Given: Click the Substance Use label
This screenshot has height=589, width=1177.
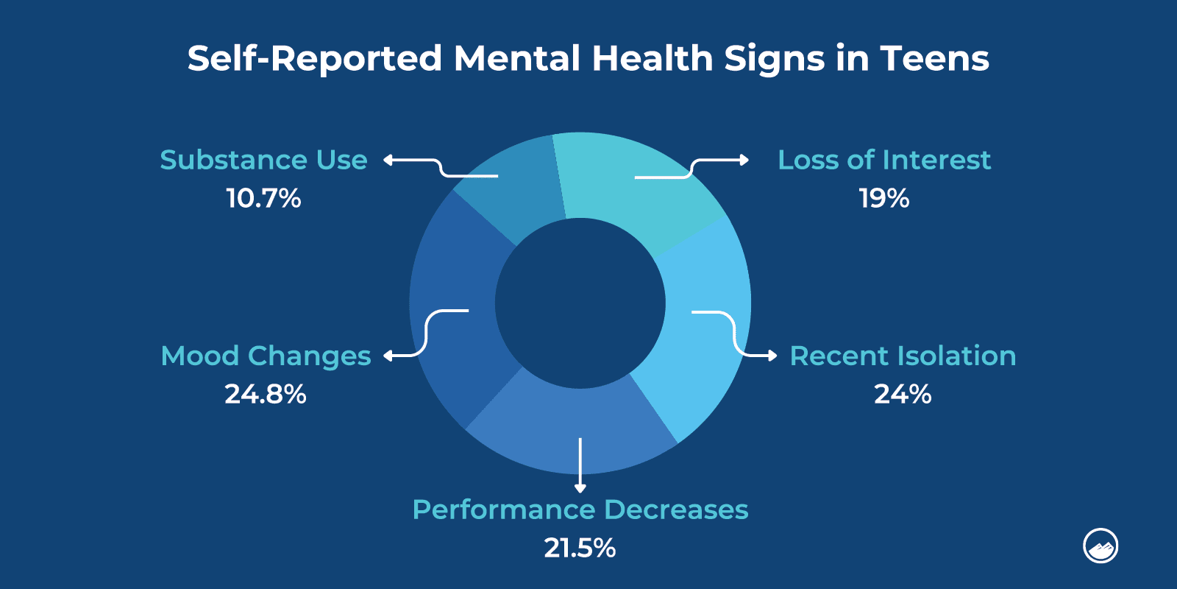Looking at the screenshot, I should (263, 160).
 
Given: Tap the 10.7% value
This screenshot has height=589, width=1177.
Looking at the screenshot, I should (263, 198).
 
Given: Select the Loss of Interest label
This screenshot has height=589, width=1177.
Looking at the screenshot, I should (884, 160).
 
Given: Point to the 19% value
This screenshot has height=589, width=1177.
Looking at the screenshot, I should (884, 198).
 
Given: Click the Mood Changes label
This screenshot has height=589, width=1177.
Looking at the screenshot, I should (266, 356).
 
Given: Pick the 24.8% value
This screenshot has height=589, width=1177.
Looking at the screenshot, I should (266, 394).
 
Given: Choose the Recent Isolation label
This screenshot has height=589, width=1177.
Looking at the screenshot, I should (903, 356).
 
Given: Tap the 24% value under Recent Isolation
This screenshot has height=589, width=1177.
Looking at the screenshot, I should (903, 394).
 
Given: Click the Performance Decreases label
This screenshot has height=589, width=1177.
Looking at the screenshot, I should (580, 509).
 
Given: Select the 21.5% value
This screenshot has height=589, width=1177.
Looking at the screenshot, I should (580, 548).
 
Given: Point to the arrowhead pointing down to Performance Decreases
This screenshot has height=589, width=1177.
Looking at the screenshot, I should (580, 487).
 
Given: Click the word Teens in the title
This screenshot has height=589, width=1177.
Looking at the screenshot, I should (934, 58).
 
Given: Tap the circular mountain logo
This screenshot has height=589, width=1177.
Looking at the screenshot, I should (1100, 546).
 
